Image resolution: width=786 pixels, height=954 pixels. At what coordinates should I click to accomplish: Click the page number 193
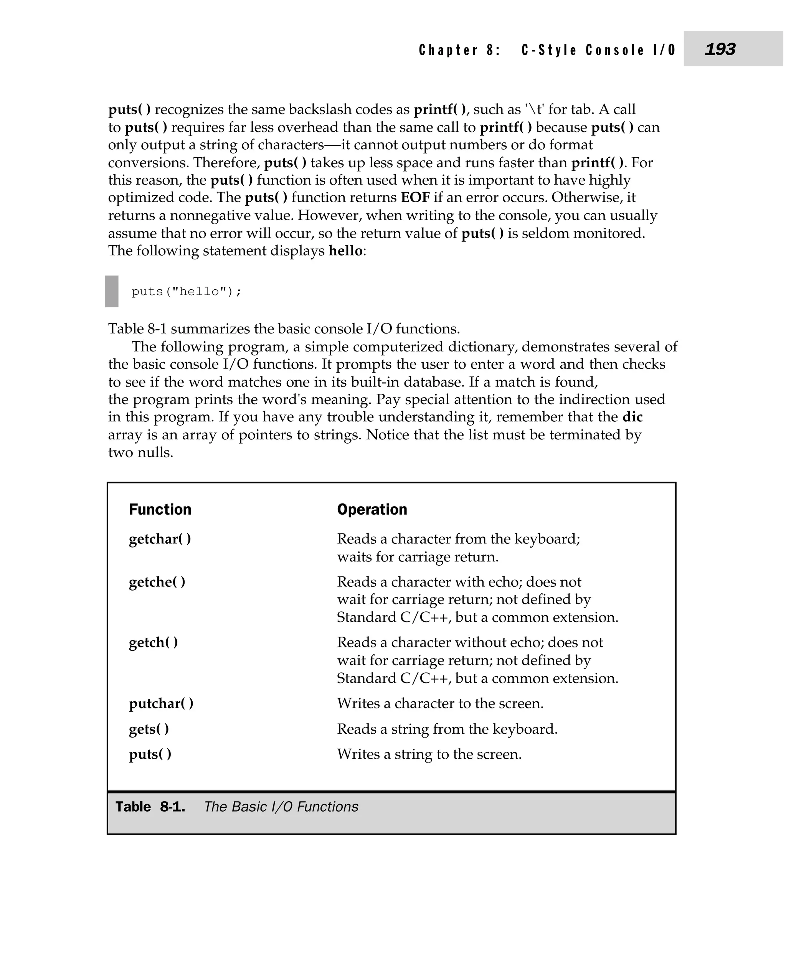pyautogui.click(x=720, y=49)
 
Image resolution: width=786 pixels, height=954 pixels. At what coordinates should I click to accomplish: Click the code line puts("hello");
pyautogui.click(x=187, y=292)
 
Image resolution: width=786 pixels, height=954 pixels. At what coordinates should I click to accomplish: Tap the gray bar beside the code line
pyautogui.click(x=112, y=292)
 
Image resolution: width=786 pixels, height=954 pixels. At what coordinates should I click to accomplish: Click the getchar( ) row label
pyautogui.click(x=160, y=539)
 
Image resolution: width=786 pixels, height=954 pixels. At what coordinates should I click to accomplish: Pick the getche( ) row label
pyautogui.click(x=157, y=582)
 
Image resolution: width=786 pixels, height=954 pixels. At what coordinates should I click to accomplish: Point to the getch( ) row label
pyautogui.click(x=154, y=643)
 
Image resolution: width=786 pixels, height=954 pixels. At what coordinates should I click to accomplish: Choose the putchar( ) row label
pyautogui.click(x=161, y=704)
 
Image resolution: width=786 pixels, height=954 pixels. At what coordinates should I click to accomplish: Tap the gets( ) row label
pyautogui.click(x=149, y=730)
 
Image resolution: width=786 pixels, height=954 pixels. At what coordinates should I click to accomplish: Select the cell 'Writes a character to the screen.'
pyautogui.click(x=440, y=704)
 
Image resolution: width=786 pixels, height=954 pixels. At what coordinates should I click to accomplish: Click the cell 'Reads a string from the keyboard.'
pyautogui.click(x=447, y=730)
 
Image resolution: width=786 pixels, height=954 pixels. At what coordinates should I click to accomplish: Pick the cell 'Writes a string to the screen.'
pyautogui.click(x=429, y=754)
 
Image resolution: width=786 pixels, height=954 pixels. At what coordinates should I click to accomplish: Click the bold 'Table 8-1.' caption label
pyautogui.click(x=150, y=807)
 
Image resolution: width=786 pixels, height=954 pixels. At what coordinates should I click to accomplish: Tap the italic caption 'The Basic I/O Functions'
pyautogui.click(x=281, y=807)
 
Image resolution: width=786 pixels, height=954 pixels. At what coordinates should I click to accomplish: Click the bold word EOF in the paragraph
pyautogui.click(x=415, y=198)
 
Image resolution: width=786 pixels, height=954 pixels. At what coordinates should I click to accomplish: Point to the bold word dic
pyautogui.click(x=632, y=417)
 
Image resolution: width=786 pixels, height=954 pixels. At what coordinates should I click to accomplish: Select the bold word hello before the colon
pyautogui.click(x=345, y=251)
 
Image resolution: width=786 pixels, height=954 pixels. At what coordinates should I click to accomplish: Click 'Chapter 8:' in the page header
pyautogui.click(x=459, y=50)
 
